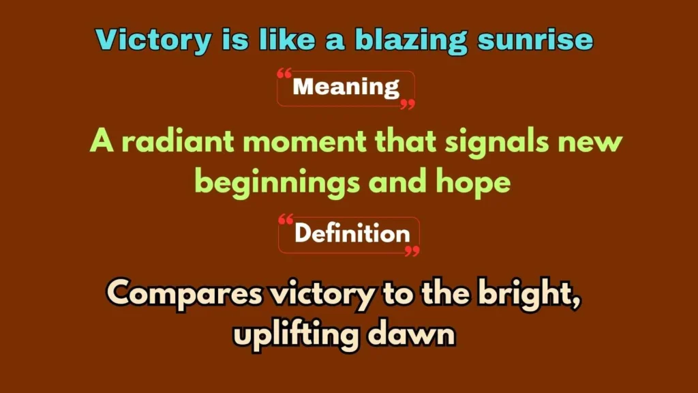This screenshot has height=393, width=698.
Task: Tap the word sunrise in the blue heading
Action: [x=535, y=40]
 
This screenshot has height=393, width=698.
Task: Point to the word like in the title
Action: [x=287, y=40]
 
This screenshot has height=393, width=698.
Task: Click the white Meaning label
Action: [x=346, y=87]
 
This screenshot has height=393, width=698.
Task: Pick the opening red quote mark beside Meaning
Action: [x=284, y=74]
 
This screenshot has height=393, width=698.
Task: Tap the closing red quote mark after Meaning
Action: [x=408, y=104]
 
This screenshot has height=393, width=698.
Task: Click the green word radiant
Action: [x=178, y=141]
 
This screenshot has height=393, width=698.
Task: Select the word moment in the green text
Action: [x=305, y=142]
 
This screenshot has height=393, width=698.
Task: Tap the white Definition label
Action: [x=352, y=233]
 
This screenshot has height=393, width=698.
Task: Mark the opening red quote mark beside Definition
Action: [x=286, y=219]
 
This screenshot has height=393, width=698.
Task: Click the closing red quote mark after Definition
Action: [x=412, y=251]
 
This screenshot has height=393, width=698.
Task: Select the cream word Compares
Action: [x=185, y=295]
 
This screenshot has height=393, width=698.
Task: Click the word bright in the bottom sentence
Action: [x=529, y=295]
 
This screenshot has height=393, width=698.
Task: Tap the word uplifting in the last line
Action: [x=296, y=335]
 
